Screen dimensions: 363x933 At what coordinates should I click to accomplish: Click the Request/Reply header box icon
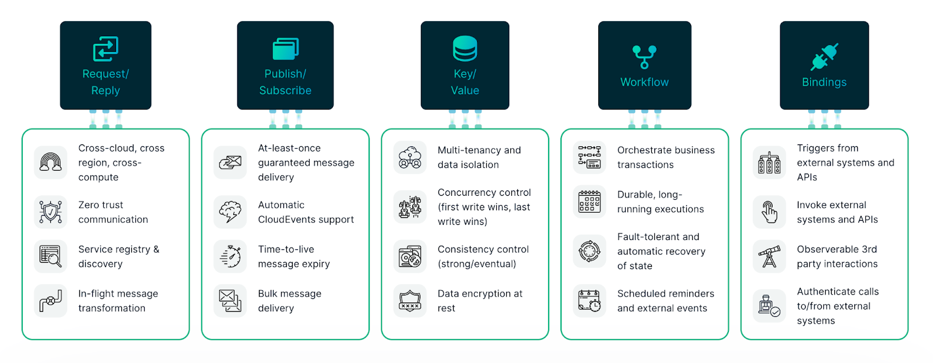coord(106,49)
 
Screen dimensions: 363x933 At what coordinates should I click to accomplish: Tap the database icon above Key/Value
coord(465,48)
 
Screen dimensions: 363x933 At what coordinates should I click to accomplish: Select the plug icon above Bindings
coord(824,57)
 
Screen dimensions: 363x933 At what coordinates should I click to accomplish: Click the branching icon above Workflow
coord(644,57)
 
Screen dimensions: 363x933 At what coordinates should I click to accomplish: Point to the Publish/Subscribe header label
coord(285,82)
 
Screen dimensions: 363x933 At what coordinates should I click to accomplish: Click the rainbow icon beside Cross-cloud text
coord(51,161)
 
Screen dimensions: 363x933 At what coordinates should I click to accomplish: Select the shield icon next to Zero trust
coord(51,212)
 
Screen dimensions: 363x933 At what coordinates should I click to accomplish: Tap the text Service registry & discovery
coord(118,256)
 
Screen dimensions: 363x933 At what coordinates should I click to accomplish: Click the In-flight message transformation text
coord(118,301)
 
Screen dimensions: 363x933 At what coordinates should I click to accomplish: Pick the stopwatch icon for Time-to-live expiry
coord(230,256)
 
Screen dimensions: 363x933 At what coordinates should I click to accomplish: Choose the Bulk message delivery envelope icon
coord(230,301)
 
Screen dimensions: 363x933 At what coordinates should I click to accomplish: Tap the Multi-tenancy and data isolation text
coord(479,157)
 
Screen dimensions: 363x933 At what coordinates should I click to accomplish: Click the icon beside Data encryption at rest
coord(410,301)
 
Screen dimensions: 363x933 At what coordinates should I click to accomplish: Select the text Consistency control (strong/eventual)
coord(483,256)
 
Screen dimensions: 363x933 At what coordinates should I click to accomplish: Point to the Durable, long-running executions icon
coord(590,202)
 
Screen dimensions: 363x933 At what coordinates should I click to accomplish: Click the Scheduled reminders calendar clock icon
coord(590,301)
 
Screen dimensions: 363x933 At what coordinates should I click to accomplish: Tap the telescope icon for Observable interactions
coord(769,256)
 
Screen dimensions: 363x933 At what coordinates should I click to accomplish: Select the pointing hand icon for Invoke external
coord(769,212)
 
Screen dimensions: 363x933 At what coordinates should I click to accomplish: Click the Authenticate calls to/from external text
coord(837,306)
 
